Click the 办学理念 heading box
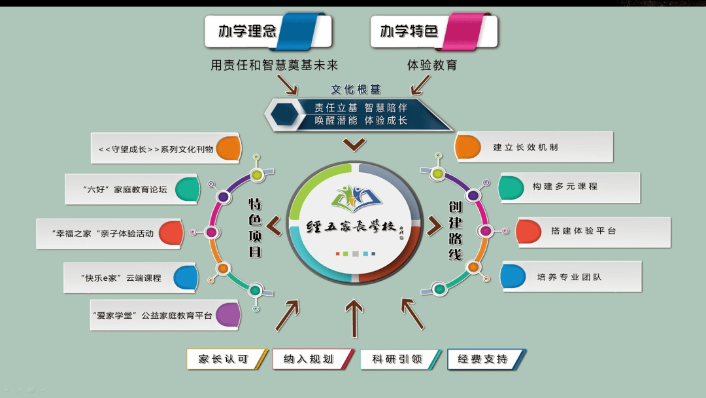(267, 31)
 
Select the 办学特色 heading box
(433, 31)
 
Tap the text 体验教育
(432, 65)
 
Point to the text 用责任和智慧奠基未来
(275, 65)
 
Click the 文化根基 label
(356, 89)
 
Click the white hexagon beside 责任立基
(286, 115)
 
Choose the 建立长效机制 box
(533, 147)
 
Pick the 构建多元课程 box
(569, 187)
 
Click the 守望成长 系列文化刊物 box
(165, 149)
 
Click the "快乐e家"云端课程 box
(130, 278)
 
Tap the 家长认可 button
(226, 359)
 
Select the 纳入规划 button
(312, 359)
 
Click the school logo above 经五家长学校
(352, 197)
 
